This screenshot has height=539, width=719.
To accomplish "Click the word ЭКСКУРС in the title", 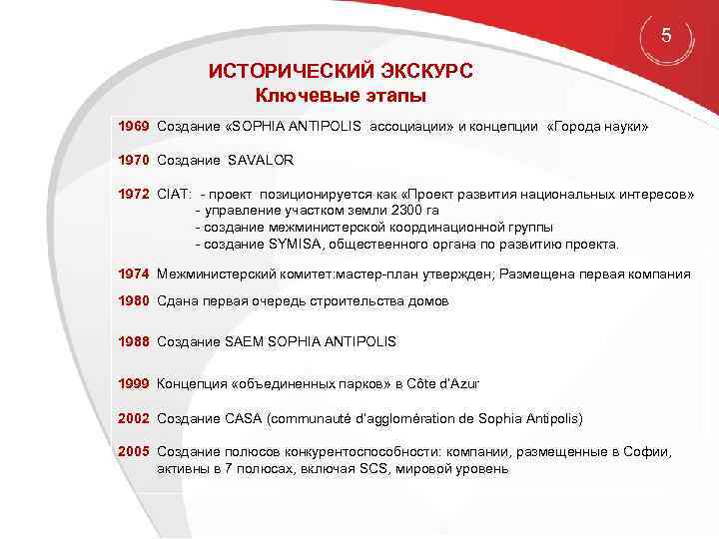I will coord(419,73).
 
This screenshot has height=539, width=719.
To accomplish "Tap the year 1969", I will coord(133,129).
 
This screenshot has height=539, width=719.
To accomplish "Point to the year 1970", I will coord(133,160).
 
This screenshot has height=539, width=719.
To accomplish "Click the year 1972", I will coord(133,192).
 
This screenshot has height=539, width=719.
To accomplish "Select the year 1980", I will coord(133,300).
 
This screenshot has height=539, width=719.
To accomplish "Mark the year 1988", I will coord(133,341).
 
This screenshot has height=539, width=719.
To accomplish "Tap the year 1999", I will coord(133,383).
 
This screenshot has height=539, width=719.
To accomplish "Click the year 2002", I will coord(133,417).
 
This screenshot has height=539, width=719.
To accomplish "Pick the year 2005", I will coord(133,451).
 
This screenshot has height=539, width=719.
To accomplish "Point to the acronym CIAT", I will coord(174,192).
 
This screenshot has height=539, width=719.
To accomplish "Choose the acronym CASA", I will coord(247,417).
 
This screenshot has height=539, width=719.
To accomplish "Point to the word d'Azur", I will coord(457,383).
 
